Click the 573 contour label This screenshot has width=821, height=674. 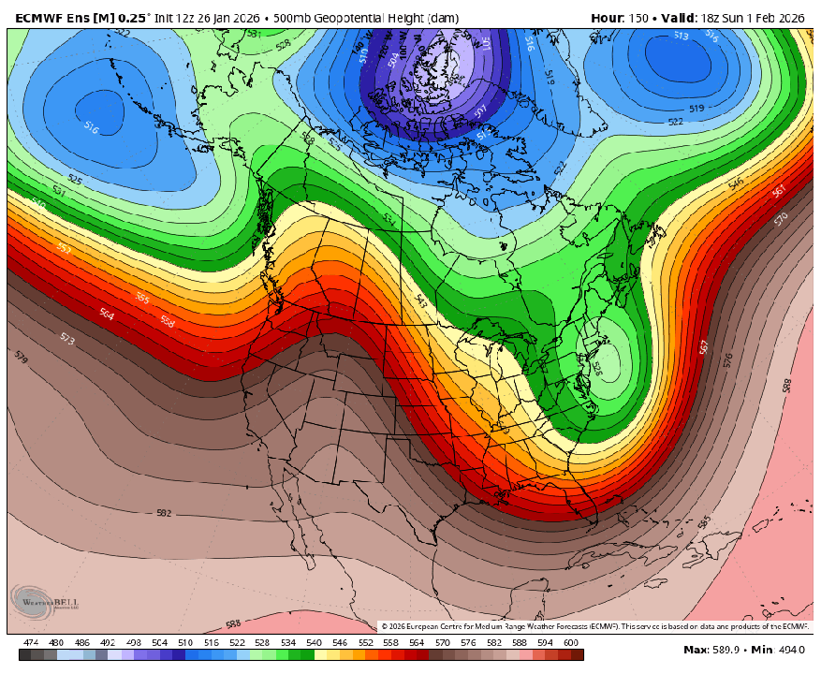[x=67, y=338]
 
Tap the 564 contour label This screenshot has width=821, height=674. [x=107, y=315]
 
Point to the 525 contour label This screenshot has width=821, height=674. [x=74, y=179]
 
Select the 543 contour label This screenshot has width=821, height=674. [x=421, y=300]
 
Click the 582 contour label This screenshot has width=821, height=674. [x=165, y=512]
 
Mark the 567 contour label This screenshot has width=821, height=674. [x=704, y=346]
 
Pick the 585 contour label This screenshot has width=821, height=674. [x=704, y=520]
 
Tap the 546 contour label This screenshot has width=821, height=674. [x=736, y=183]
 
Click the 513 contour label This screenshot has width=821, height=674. [x=681, y=37]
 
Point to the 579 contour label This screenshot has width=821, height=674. [x=21, y=357]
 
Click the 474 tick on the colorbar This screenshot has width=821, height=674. [x=31, y=643]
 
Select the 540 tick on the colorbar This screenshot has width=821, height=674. [x=314, y=643]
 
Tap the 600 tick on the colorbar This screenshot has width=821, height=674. [x=570, y=643]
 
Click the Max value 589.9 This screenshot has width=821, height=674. [x=733, y=650]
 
